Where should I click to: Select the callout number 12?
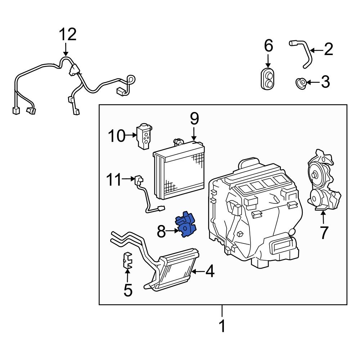click(x=68, y=35)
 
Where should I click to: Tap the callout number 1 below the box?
click(x=222, y=326)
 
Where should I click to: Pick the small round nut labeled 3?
click(x=300, y=83)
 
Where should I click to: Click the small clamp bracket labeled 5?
click(x=127, y=261)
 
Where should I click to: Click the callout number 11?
click(x=114, y=180)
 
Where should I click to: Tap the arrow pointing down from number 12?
click(x=66, y=49)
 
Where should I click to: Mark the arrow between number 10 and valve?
click(x=130, y=136)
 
